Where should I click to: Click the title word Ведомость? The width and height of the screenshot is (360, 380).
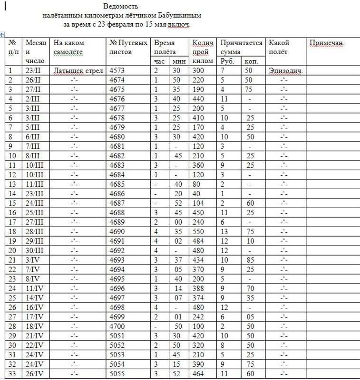121,7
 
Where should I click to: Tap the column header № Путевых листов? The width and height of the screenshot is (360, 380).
128,47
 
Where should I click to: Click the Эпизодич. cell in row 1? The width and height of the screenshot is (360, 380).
286,71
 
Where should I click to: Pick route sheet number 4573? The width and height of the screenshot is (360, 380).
117,71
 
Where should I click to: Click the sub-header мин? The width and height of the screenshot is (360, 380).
179,61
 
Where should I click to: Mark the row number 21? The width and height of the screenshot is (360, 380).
13,260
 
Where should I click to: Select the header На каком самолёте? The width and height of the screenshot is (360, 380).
68,47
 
